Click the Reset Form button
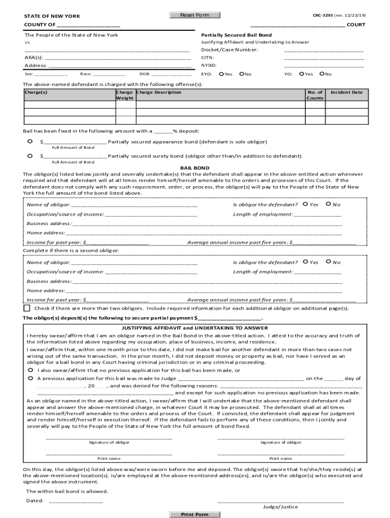(194, 15)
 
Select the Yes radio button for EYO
(221, 74)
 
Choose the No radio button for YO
(322, 74)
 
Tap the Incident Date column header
(346, 93)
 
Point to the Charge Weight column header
(125, 95)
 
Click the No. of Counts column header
(315, 95)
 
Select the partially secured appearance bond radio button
(30, 141)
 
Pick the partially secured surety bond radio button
(30, 156)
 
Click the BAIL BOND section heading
(195, 168)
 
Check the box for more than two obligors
(27, 308)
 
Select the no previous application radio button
(31, 370)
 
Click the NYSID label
(209, 65)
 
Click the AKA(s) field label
(34, 58)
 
